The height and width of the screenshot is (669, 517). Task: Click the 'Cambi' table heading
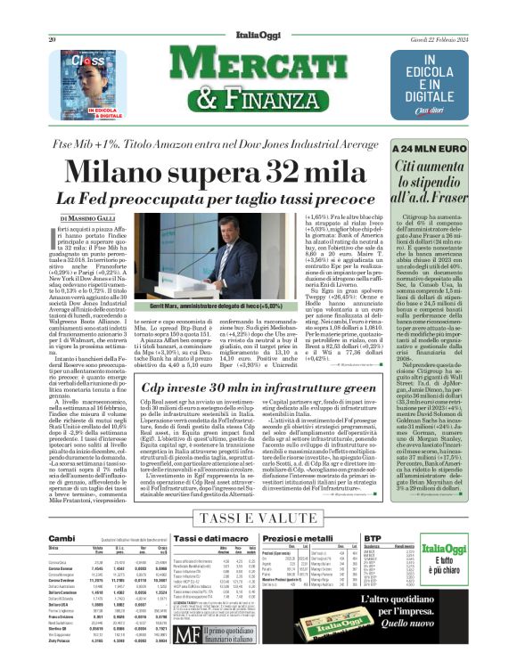62,539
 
